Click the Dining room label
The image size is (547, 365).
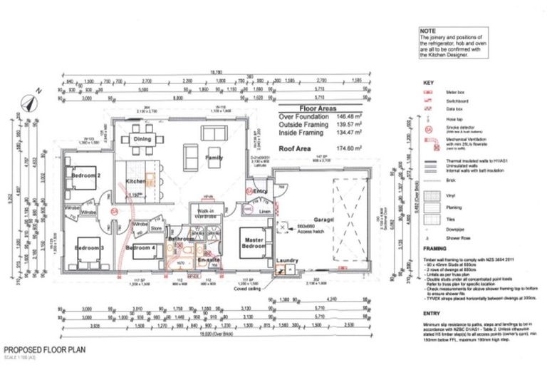click(x=142, y=140)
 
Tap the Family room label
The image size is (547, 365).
click(x=214, y=157)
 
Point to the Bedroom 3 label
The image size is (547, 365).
click(x=90, y=247)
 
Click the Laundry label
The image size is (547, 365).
click(x=288, y=262)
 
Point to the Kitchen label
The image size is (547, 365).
click(x=136, y=182)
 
